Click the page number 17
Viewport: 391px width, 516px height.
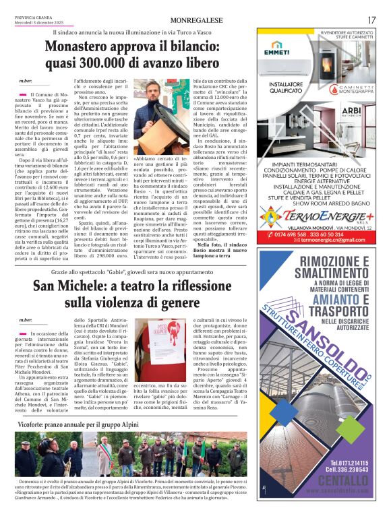371,20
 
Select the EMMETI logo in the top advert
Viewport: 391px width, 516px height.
277,50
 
